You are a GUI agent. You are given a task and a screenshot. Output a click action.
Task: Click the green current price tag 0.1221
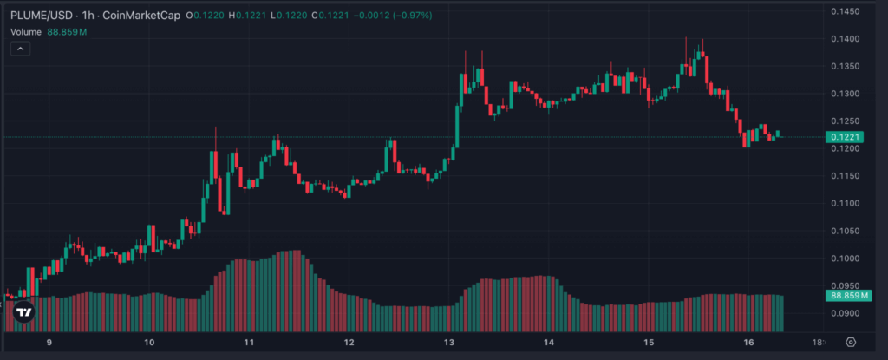(x=844, y=137)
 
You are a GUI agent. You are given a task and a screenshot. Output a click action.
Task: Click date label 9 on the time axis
(x=49, y=343)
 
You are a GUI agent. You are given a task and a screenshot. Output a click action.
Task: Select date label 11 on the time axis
(x=249, y=343)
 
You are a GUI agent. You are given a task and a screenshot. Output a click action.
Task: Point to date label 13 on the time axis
(x=449, y=343)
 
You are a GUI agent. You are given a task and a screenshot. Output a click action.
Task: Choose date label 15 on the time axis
(x=649, y=343)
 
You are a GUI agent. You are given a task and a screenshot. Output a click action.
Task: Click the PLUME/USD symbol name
(x=40, y=16)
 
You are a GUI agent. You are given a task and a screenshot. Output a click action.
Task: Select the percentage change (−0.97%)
(x=408, y=16)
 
